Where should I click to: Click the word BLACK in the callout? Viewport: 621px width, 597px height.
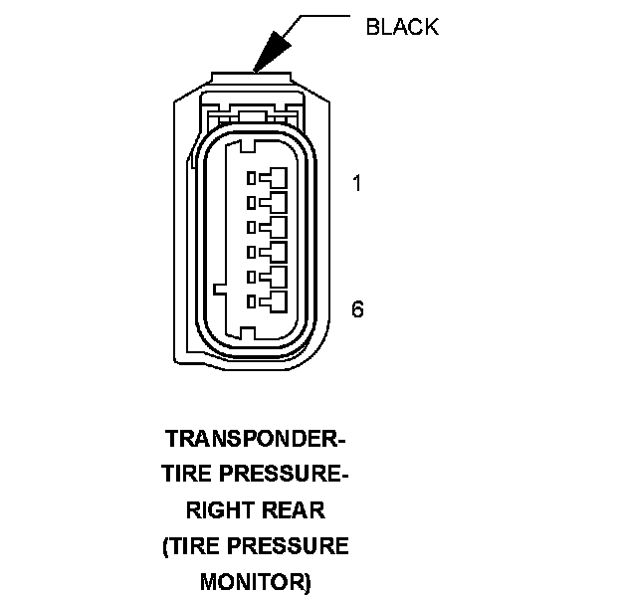pyautogui.click(x=402, y=26)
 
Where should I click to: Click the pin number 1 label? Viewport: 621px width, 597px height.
pyautogui.click(x=355, y=184)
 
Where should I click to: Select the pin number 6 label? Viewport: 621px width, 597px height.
pyautogui.click(x=357, y=308)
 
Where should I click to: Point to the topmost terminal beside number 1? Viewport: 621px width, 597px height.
pyautogui.click(x=269, y=179)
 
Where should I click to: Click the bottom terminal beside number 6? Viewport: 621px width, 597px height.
pyautogui.click(x=269, y=299)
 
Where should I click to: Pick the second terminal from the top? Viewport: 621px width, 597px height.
pyautogui.click(x=269, y=203)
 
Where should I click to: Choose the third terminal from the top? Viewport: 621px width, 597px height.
pyautogui.click(x=269, y=227)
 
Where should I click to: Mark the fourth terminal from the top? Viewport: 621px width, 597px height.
pyautogui.click(x=269, y=251)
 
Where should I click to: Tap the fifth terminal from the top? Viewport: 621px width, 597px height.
pyautogui.click(x=269, y=276)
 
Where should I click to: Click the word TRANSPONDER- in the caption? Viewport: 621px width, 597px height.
pyautogui.click(x=255, y=439)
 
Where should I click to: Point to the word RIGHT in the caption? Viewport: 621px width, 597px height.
pyautogui.click(x=217, y=510)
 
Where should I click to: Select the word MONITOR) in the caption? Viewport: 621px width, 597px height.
pyautogui.click(x=256, y=581)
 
